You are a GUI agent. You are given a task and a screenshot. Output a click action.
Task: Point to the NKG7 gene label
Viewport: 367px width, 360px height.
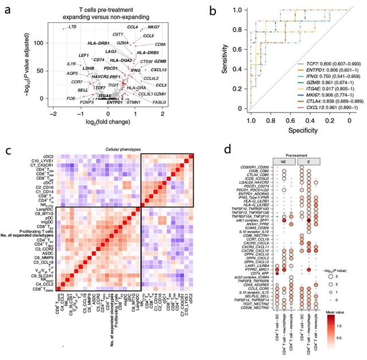(137, 27)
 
